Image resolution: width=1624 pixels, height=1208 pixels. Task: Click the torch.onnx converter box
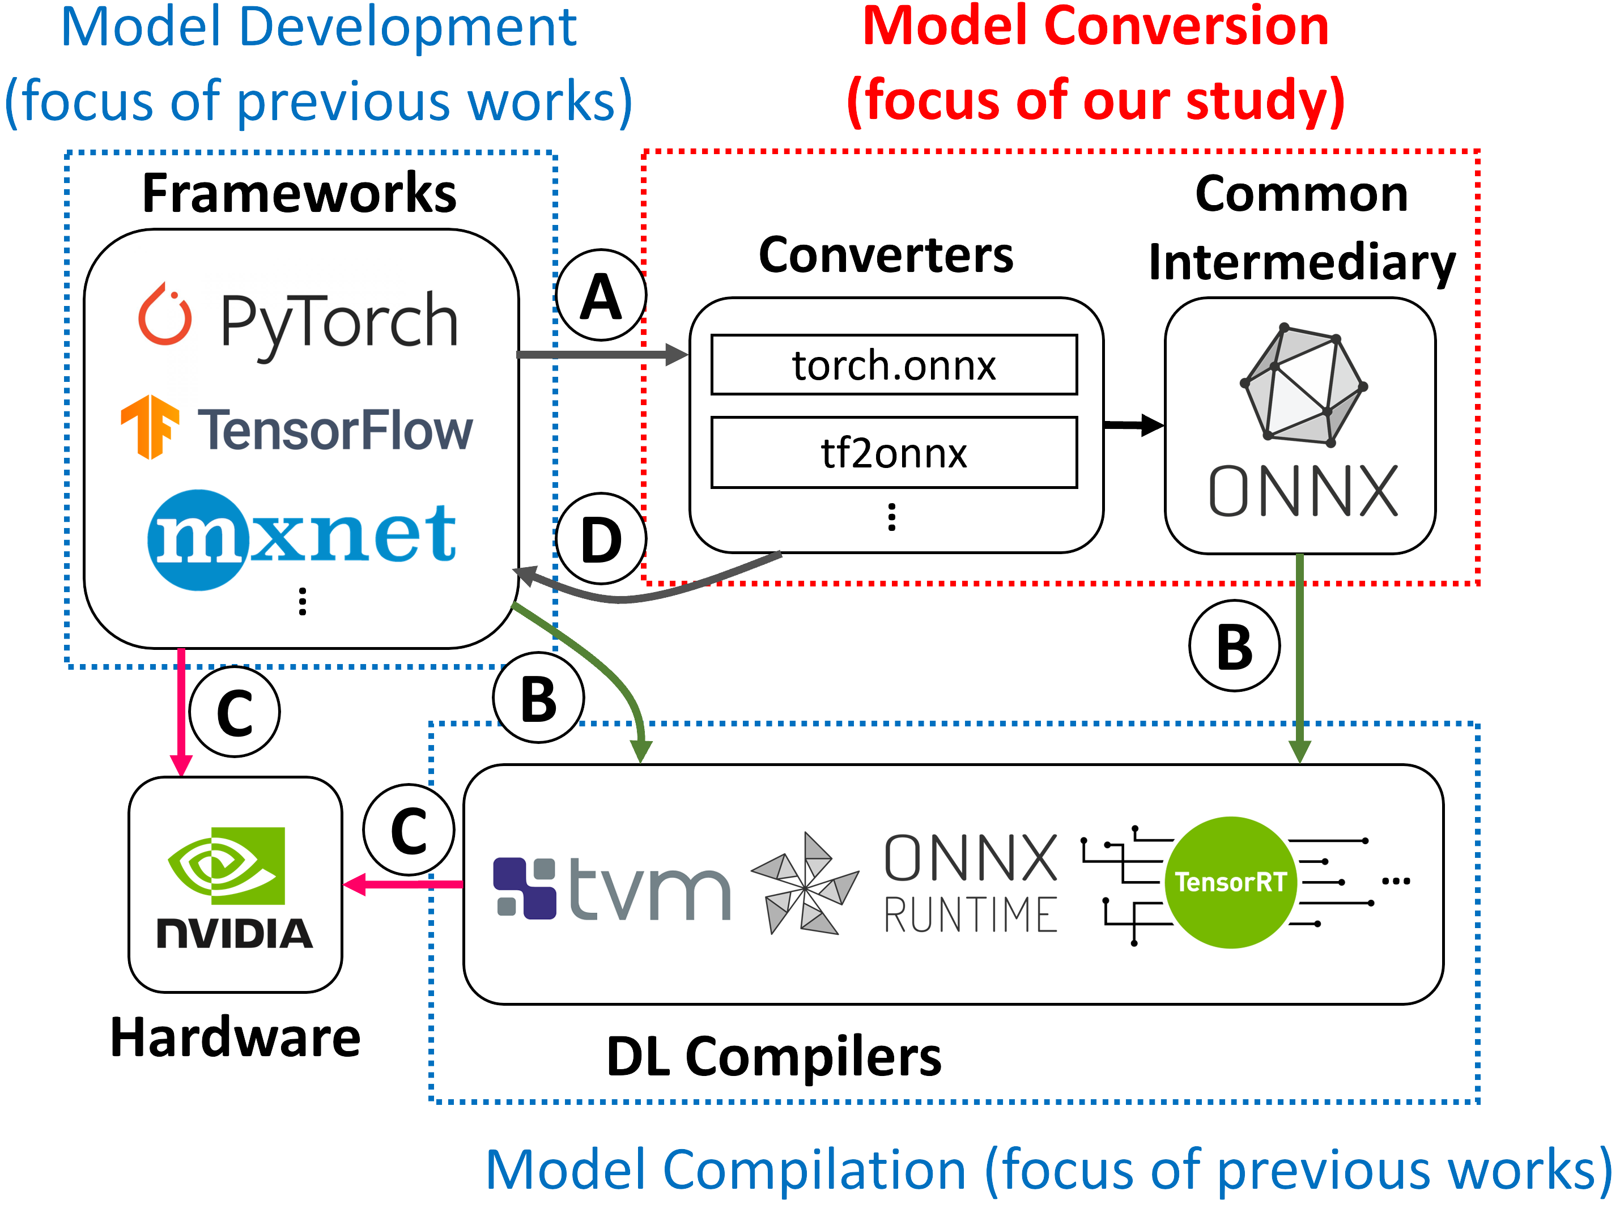pyautogui.click(x=894, y=364)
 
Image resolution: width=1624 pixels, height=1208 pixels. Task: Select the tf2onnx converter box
pyautogui.click(x=894, y=452)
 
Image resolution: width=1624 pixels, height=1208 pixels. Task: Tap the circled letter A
pyautogui.click(x=601, y=295)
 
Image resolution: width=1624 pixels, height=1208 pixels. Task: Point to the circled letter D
pyautogui.click(x=601, y=539)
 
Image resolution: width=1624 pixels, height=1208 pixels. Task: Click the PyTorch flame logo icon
pyautogui.click(x=165, y=316)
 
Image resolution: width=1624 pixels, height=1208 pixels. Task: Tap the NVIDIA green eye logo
pyautogui.click(x=226, y=865)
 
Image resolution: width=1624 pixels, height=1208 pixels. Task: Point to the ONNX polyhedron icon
pyautogui.click(x=1303, y=385)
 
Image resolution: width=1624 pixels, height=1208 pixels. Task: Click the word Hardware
pyautogui.click(x=236, y=1037)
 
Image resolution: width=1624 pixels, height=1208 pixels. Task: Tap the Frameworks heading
pyautogui.click(x=299, y=193)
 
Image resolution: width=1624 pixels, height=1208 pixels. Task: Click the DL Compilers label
pyautogui.click(x=773, y=1056)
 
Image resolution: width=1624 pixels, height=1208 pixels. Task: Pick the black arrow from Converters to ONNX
pyautogui.click(x=1132, y=424)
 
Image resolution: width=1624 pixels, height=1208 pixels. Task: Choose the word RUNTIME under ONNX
pyautogui.click(x=970, y=916)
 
